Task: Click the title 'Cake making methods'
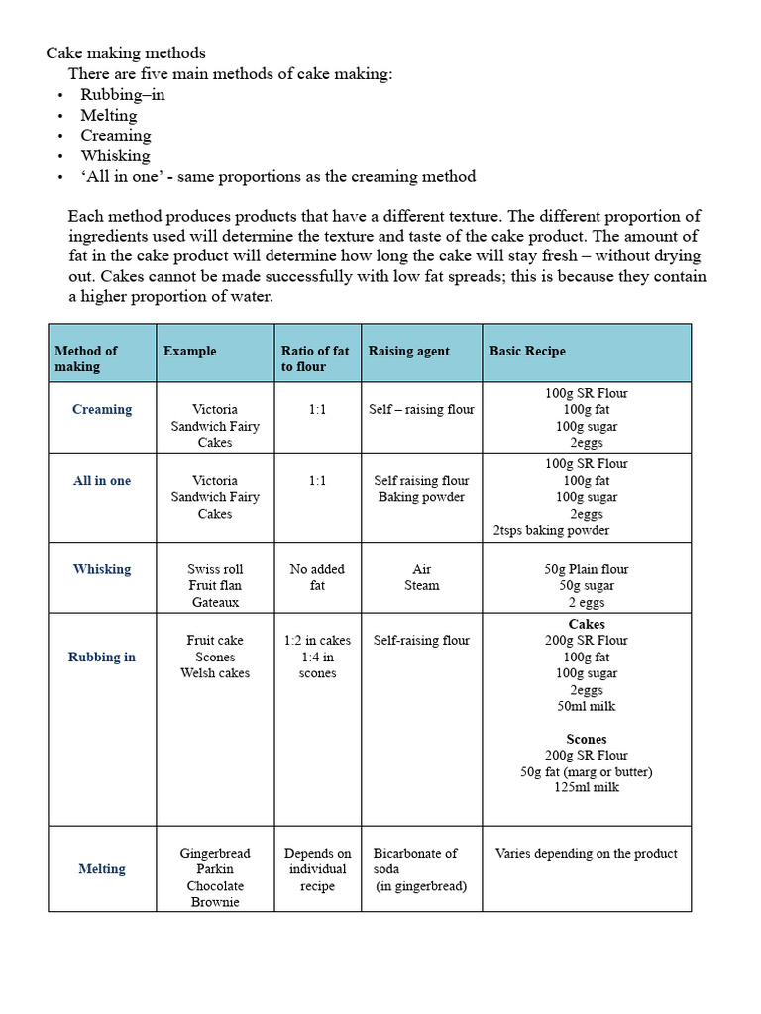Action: [126, 53]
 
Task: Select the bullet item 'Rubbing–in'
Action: [123, 94]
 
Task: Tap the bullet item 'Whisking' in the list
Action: [115, 155]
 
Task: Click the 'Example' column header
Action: [189, 351]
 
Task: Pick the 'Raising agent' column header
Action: [408, 351]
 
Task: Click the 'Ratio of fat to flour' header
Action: [315, 358]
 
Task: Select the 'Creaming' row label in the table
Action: [102, 409]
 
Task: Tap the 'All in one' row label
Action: [102, 481]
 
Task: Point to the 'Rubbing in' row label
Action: [102, 657]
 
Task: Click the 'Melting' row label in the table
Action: [102, 869]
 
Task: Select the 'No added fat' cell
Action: [317, 577]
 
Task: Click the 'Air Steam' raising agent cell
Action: [421, 577]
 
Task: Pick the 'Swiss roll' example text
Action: [215, 569]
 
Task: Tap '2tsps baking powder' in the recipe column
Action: [551, 530]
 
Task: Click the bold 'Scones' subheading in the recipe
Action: [587, 739]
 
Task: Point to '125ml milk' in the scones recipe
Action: [587, 787]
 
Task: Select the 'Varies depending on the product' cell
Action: [587, 853]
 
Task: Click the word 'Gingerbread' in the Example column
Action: [215, 853]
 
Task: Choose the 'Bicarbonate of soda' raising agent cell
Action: [416, 861]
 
